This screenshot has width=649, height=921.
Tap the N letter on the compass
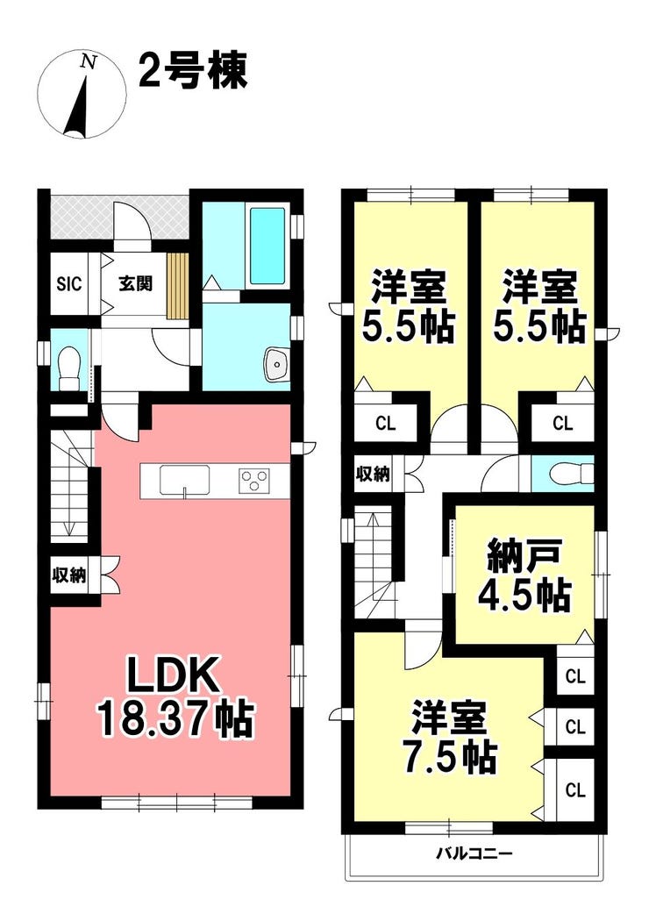click(89, 61)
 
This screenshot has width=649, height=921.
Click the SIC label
click(68, 283)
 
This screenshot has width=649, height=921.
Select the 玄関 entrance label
click(136, 283)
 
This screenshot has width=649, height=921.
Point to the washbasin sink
click(276, 365)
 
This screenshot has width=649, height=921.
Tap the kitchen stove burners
click(254, 481)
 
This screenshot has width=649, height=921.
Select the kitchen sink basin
click(184, 481)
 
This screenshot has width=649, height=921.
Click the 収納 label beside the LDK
click(70, 575)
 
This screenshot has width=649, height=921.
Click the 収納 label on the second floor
click(374, 474)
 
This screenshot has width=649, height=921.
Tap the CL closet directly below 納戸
click(575, 676)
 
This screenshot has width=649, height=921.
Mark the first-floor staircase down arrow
click(68, 490)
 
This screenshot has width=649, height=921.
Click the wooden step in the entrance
click(177, 285)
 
